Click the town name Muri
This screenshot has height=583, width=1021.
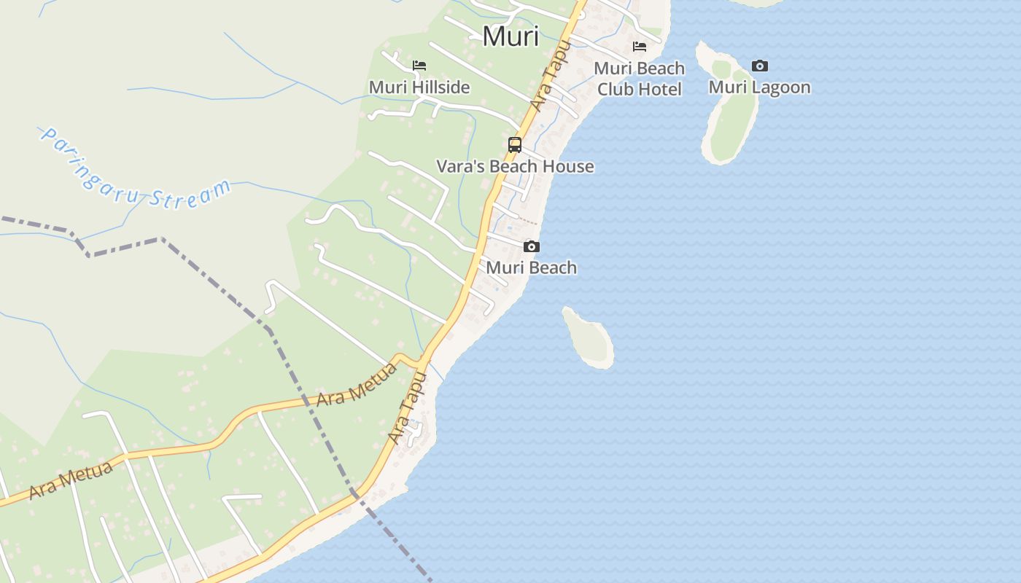pyautogui.click(x=510, y=36)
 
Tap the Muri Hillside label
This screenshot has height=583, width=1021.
pyautogui.click(x=419, y=87)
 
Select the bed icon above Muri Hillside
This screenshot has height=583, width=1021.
pyautogui.click(x=419, y=66)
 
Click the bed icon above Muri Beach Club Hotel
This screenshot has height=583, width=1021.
pyautogui.click(x=640, y=47)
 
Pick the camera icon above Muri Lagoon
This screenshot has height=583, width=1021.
pyautogui.click(x=759, y=66)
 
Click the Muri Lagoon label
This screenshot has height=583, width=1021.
pyautogui.click(x=759, y=87)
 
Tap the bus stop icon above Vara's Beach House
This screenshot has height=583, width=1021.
pyautogui.click(x=515, y=144)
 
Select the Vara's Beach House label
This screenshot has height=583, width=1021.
pyautogui.click(x=515, y=166)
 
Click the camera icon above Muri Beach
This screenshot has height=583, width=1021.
pyautogui.click(x=532, y=246)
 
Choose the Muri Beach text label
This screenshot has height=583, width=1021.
pyautogui.click(x=531, y=267)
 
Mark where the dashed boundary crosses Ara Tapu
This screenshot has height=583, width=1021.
pyautogui.click(x=355, y=493)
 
